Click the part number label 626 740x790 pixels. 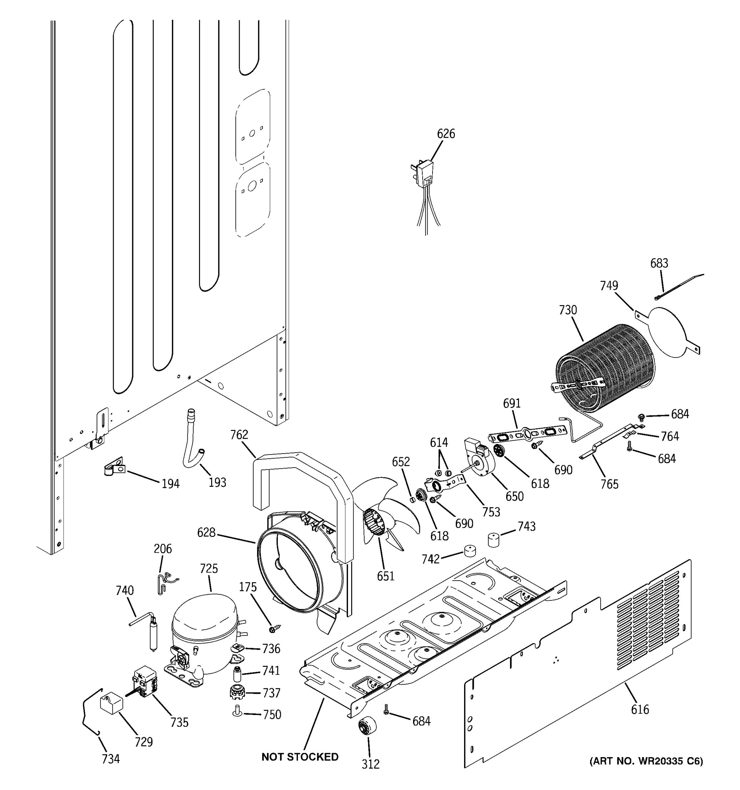(x=446, y=134)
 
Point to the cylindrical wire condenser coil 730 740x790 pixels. (x=604, y=368)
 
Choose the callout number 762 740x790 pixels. (x=239, y=435)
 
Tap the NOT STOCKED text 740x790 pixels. (x=300, y=757)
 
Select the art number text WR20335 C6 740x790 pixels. (x=646, y=761)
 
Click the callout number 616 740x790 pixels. (x=640, y=709)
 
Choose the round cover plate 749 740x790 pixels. (x=667, y=332)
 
